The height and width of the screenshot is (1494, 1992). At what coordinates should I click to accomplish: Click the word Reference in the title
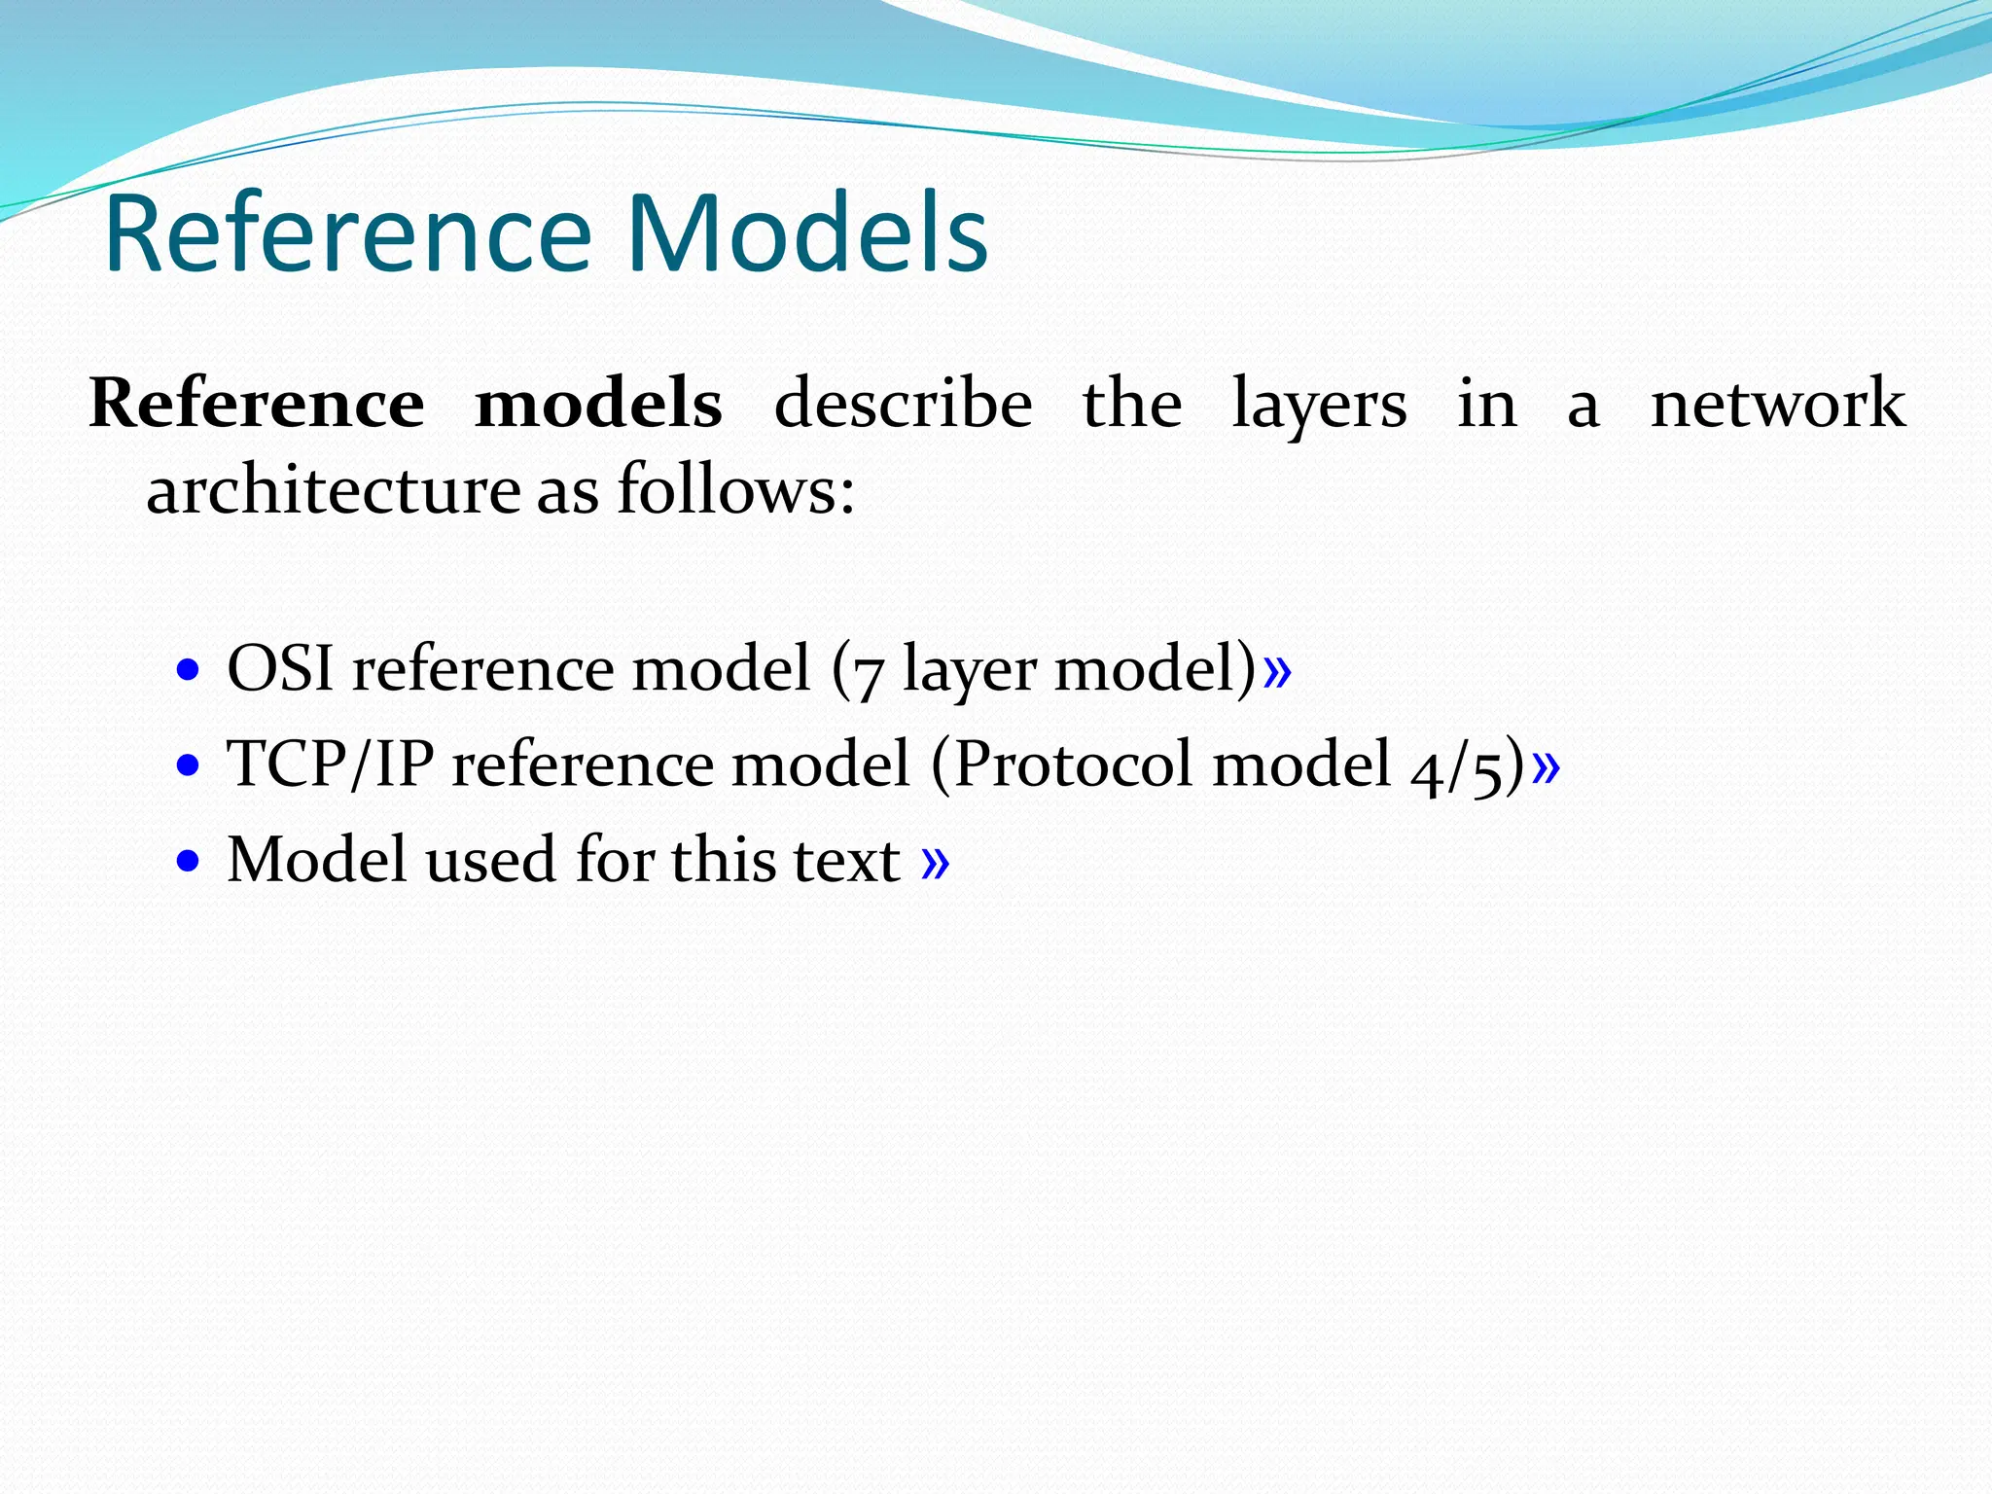(x=347, y=234)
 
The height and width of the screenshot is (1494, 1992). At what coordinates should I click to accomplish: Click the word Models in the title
(x=807, y=234)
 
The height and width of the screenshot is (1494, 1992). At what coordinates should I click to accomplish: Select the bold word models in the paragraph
(x=598, y=404)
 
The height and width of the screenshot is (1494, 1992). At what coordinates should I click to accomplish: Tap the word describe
(x=903, y=404)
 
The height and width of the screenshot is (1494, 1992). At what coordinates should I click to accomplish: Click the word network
(x=1778, y=404)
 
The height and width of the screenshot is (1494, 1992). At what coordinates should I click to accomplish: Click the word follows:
(x=736, y=489)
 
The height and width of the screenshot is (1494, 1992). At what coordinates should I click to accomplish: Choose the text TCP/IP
(x=330, y=765)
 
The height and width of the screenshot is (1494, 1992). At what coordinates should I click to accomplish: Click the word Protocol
(x=1073, y=765)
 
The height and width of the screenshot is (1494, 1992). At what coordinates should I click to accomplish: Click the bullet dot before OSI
(x=189, y=670)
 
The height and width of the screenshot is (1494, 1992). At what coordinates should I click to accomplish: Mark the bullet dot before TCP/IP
(x=189, y=765)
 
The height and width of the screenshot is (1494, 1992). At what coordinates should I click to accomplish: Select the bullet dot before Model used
(x=189, y=861)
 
